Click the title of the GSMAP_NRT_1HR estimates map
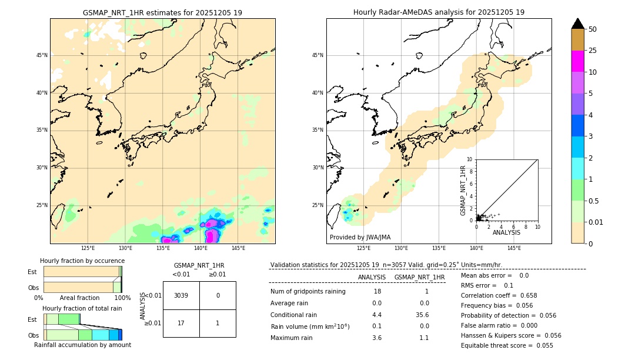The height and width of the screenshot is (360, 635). tap(162, 12)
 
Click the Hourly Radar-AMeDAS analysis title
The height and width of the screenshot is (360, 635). tap(439, 12)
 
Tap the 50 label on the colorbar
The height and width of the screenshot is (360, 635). tap(593, 29)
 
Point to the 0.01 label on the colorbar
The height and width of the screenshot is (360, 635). tap(596, 222)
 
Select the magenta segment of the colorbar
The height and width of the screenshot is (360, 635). tap(577, 61)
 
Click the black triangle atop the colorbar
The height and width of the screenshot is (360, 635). tap(577, 24)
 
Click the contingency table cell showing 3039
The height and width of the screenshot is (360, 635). tap(181, 295)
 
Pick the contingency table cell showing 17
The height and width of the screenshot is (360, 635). tap(181, 323)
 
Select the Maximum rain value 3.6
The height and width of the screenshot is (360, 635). tap(377, 338)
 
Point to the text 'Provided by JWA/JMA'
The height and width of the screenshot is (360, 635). tap(360, 237)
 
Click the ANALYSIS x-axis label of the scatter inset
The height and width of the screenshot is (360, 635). tap(506, 232)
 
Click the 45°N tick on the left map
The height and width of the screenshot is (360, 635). tap(42, 55)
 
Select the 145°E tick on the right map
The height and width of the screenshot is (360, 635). tap(514, 248)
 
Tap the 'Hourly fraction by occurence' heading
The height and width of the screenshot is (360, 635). tap(82, 261)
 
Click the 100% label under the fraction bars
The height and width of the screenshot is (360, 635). tap(122, 298)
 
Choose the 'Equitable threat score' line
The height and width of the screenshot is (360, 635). tap(507, 345)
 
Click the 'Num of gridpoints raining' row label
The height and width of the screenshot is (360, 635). tap(308, 291)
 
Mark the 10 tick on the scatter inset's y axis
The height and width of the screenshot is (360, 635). tap(469, 159)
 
